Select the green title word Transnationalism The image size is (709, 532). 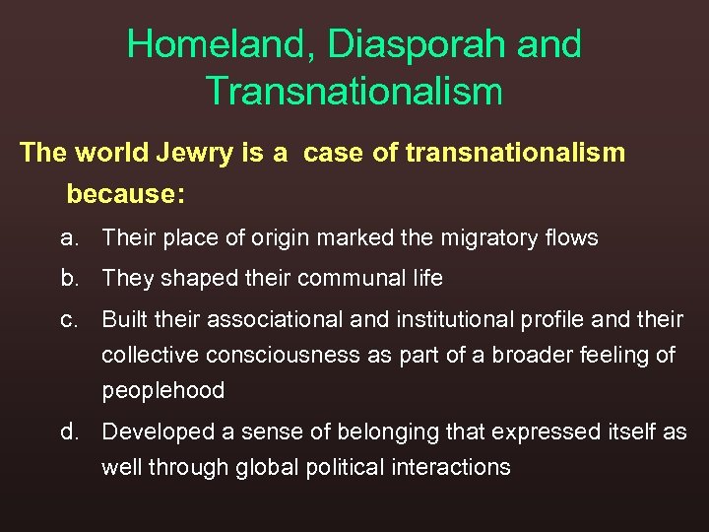(354, 92)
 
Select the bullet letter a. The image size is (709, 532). (69, 237)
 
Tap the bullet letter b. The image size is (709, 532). (69, 279)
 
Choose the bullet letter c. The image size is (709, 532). (69, 320)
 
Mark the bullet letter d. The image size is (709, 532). (69, 432)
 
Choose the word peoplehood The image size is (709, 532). (163, 390)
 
